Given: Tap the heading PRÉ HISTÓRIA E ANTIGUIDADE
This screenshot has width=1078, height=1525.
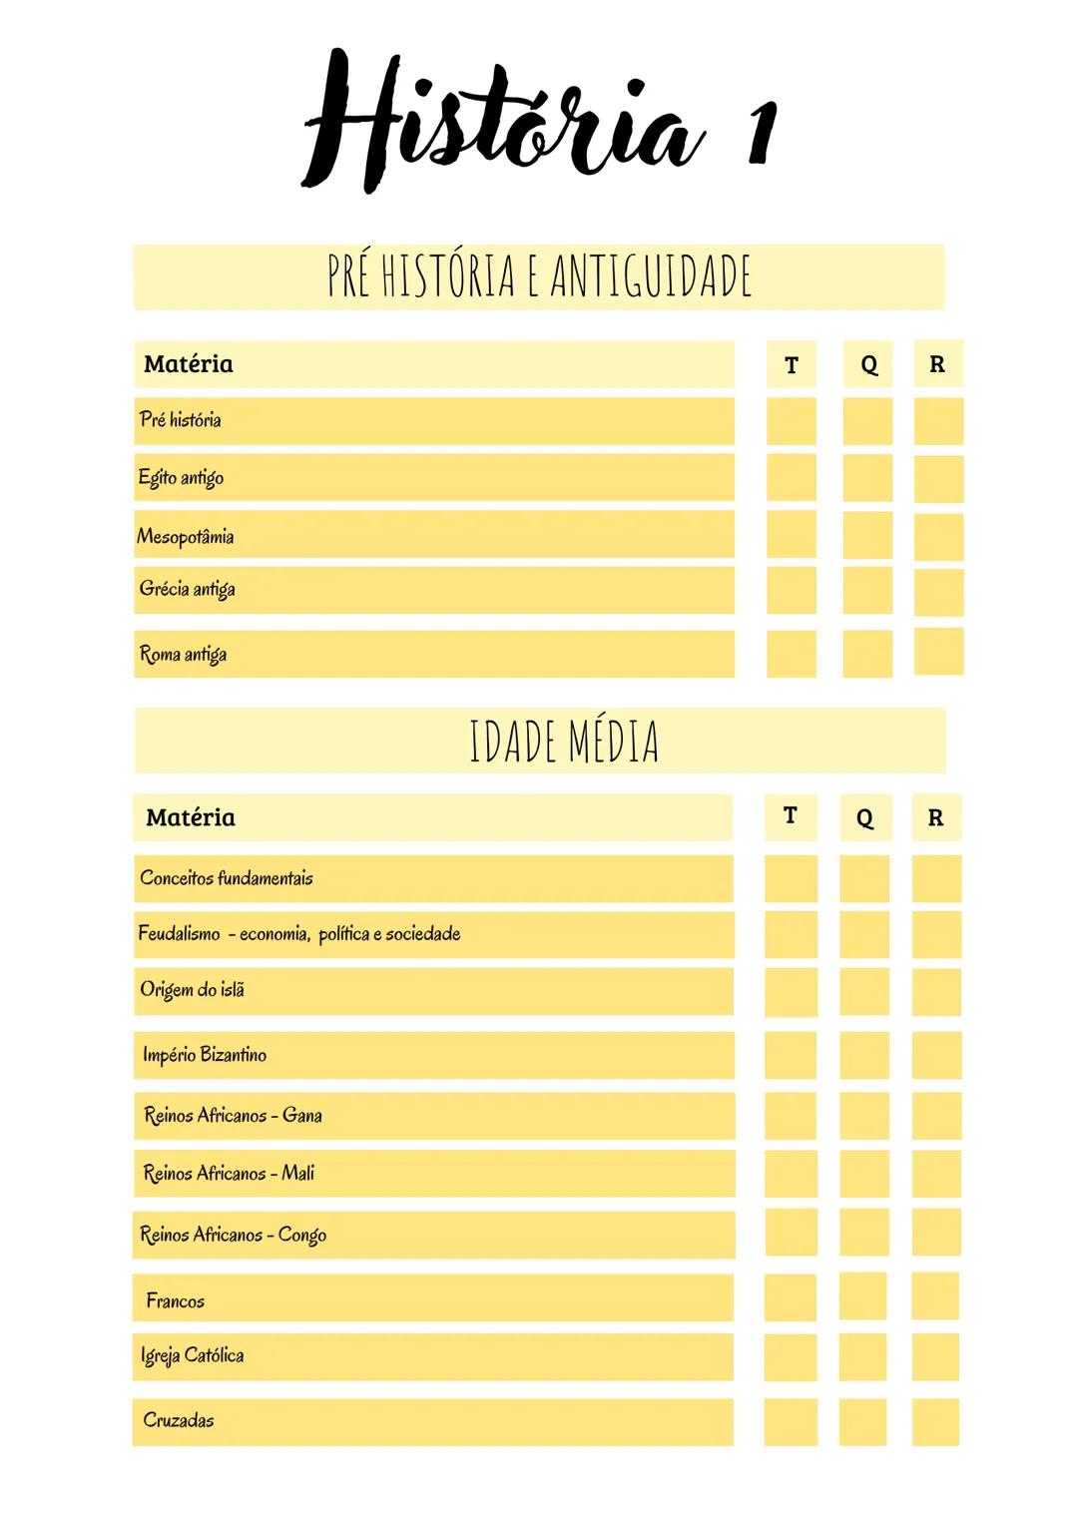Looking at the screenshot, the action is [539, 276].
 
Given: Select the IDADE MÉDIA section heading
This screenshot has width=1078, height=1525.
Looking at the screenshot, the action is [564, 742].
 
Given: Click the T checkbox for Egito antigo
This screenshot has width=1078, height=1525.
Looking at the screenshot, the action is [792, 478].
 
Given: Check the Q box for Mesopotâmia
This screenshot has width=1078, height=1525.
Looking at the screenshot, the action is [867, 536].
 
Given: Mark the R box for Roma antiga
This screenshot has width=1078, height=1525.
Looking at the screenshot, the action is [938, 653].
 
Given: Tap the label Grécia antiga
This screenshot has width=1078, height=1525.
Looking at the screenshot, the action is [188, 589].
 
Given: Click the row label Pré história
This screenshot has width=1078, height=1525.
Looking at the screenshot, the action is [181, 420].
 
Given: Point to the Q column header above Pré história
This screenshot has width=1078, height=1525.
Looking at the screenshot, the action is [868, 365].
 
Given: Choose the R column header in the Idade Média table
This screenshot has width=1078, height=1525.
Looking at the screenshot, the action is [935, 818].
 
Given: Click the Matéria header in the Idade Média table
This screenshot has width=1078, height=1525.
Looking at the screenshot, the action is [191, 818].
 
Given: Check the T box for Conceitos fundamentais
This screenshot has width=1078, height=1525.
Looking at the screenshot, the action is [791, 879].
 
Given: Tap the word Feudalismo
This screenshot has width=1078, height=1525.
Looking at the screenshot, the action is [180, 934].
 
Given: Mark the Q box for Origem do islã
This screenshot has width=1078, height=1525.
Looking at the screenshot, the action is [864, 991].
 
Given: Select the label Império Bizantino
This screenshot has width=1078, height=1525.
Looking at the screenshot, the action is [205, 1055].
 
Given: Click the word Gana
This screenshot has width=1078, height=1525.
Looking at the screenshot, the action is [302, 1115].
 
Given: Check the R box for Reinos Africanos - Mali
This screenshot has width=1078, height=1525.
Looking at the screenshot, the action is [936, 1174].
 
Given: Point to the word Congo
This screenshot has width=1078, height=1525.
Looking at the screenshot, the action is [302, 1236].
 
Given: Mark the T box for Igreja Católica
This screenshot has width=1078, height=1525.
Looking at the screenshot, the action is [791, 1357].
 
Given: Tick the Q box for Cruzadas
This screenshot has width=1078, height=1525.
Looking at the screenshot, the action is [863, 1421].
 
